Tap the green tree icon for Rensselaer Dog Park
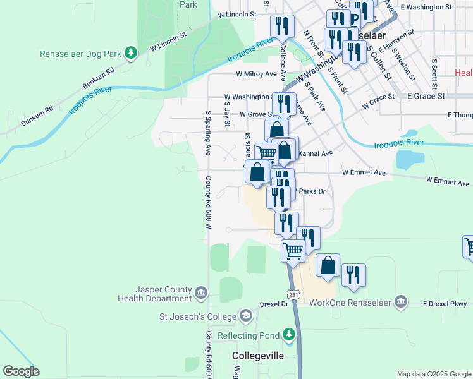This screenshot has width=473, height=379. (x=131, y=52)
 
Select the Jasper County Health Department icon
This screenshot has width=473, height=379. (x=201, y=292)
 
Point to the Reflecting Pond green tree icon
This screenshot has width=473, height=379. (x=289, y=334)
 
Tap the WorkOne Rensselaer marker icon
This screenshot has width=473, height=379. (x=400, y=302)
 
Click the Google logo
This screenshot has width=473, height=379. (x=21, y=371)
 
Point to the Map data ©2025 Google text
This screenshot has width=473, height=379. (x=433, y=374)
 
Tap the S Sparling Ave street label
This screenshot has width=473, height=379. (x=207, y=133)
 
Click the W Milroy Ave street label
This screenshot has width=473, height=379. (x=256, y=74)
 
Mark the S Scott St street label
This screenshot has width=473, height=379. (x=434, y=75)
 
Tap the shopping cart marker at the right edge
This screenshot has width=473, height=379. (x=469, y=246)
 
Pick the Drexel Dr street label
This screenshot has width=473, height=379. (x=274, y=304)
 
